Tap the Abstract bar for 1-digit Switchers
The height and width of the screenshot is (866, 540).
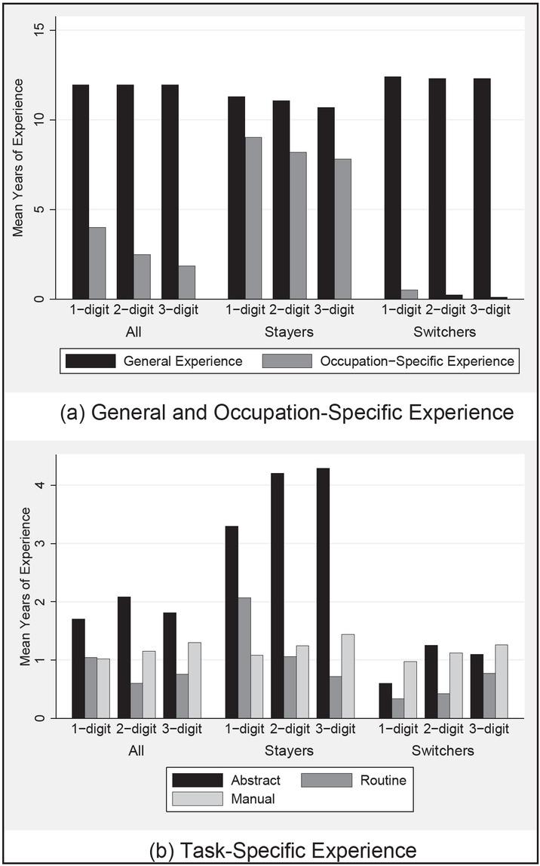385,701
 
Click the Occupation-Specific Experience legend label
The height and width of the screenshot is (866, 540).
417,361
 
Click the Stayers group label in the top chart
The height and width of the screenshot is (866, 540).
290,331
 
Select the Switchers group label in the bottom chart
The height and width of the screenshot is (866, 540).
443,751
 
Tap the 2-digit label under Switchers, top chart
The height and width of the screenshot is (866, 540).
443,310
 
